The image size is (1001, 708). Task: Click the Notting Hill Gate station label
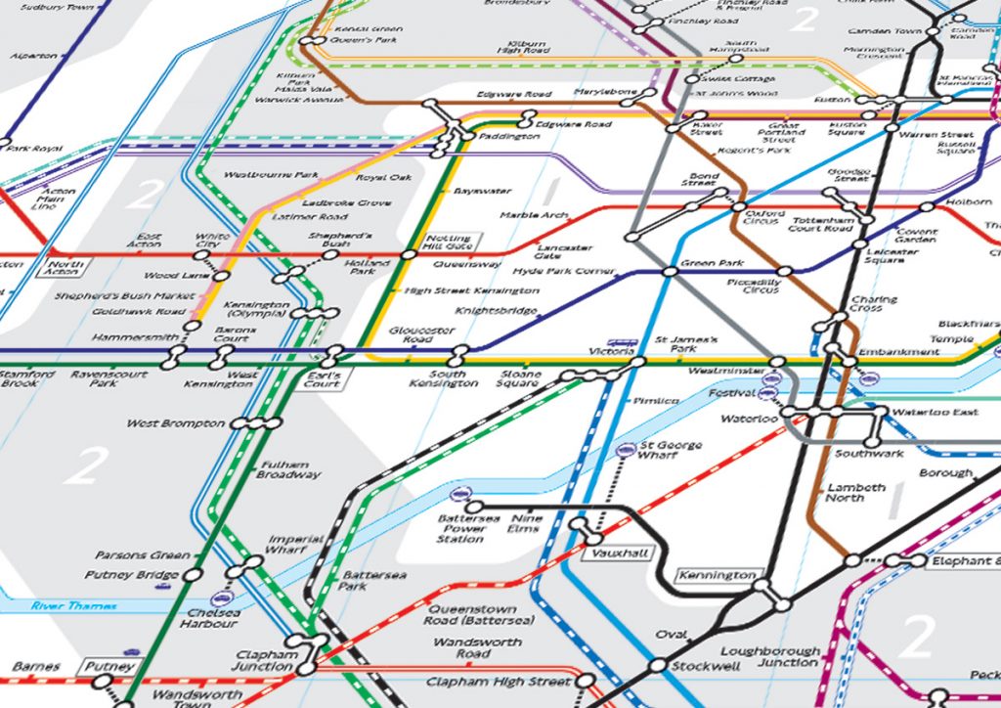click(449, 242)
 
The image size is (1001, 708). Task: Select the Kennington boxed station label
click(718, 575)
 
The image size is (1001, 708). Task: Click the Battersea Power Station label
click(461, 528)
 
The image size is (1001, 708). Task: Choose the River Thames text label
click(73, 606)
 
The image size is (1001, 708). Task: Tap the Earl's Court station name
click(322, 378)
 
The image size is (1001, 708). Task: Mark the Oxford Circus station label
click(763, 216)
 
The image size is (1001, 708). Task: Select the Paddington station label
click(508, 138)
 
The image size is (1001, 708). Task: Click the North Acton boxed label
click(65, 267)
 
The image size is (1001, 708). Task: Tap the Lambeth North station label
click(857, 492)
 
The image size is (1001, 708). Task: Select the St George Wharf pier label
click(670, 450)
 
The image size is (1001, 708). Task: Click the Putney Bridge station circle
click(194, 575)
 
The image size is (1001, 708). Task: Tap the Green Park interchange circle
click(670, 271)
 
